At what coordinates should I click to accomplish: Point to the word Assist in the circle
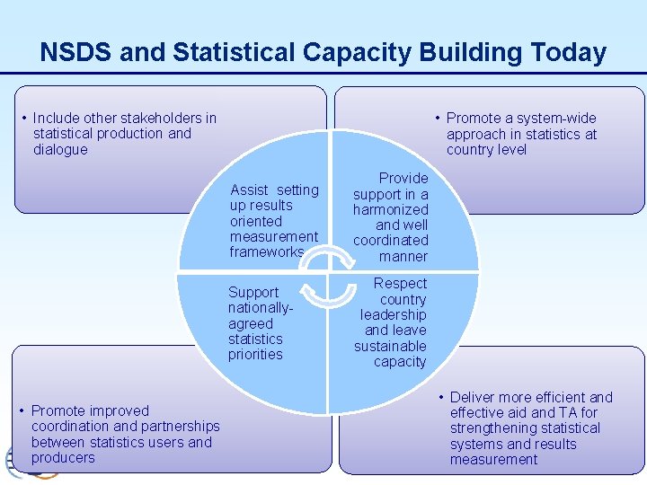[x=249, y=190]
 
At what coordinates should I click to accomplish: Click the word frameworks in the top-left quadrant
[x=267, y=252]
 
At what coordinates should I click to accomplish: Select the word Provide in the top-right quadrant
[x=403, y=179]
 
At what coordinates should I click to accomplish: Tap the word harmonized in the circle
[x=390, y=210]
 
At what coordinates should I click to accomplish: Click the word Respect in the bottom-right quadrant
[x=400, y=284]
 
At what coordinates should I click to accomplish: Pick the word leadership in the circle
[x=393, y=315]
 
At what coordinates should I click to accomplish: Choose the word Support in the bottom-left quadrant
[x=253, y=293]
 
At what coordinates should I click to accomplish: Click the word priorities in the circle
[x=255, y=355]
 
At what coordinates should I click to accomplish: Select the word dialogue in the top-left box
[x=60, y=150]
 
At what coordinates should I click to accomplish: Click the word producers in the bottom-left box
[x=63, y=458]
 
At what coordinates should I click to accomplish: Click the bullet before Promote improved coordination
[x=22, y=410]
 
